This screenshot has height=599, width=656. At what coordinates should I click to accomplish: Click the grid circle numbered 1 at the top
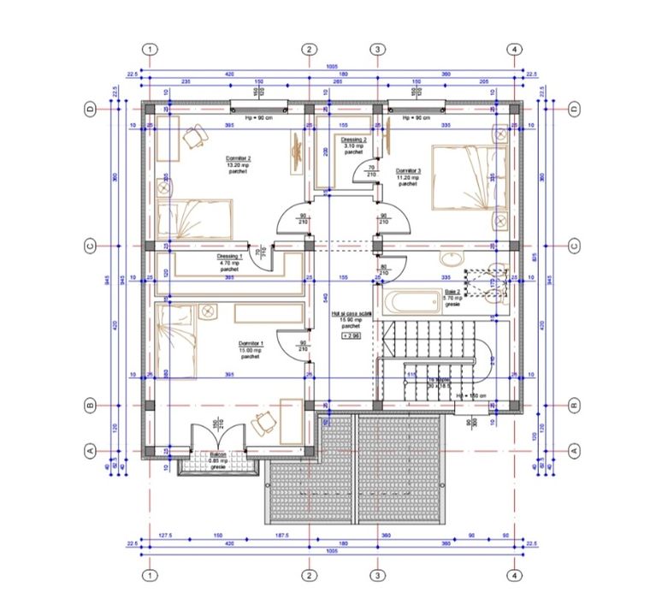[x=150, y=50]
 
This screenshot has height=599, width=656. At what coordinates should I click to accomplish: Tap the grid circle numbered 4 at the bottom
[x=514, y=574]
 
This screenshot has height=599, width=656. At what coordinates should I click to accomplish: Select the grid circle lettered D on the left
[x=88, y=109]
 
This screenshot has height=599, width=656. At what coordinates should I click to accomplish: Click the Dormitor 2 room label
[x=238, y=165]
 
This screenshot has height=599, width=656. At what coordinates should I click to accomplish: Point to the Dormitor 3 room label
[x=409, y=176]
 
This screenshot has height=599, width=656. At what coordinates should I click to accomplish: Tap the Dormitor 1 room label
[x=250, y=351]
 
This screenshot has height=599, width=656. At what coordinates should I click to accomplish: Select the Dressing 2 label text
[x=353, y=143]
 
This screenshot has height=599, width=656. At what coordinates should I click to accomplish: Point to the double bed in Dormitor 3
[x=470, y=178]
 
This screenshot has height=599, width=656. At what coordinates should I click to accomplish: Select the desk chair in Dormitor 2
[x=196, y=133]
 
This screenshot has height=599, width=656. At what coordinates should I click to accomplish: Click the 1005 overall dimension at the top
[x=331, y=67]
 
